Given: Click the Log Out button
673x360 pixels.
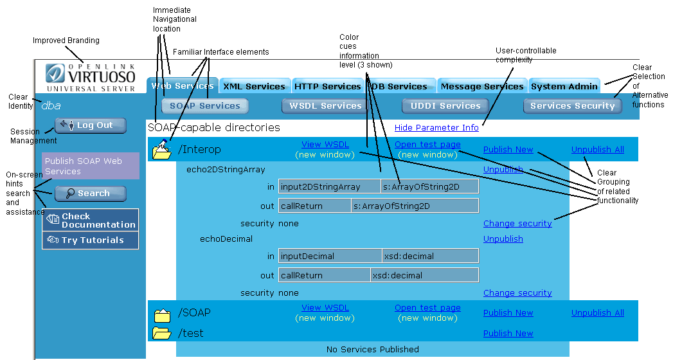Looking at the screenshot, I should pyautogui.click(x=91, y=125).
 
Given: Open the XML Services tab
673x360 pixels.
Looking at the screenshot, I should pyautogui.click(x=254, y=86).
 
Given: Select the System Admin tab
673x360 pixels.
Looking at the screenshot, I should pyautogui.click(x=564, y=86).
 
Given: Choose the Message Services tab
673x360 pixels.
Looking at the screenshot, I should pyautogui.click(x=481, y=86).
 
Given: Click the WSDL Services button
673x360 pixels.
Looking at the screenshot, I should pyautogui.click(x=325, y=106).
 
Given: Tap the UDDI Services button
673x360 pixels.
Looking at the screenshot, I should pyautogui.click(x=445, y=106).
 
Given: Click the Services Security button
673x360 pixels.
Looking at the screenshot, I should pyautogui.click(x=572, y=106).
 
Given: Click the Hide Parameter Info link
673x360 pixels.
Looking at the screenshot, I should pyautogui.click(x=436, y=128).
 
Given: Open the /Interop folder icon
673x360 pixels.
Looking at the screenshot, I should pyautogui.click(x=161, y=150).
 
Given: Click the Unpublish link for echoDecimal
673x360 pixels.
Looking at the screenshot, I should pyautogui.click(x=503, y=239).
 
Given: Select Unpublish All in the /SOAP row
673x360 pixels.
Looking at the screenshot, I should pyautogui.click(x=597, y=313).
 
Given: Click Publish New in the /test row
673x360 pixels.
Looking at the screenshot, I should pyautogui.click(x=508, y=334).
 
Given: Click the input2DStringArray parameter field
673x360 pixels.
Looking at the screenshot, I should pyautogui.click(x=329, y=186).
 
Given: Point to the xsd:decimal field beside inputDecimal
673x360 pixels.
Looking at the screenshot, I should pyautogui.click(x=430, y=256).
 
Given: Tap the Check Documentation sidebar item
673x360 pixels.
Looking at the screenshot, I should pyautogui.click(x=91, y=221).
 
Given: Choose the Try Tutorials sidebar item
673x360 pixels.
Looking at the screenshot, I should pyautogui.click(x=91, y=240).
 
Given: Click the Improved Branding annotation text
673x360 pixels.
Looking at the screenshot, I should pyautogui.click(x=66, y=40).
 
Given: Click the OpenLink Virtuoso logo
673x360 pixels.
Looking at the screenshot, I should pyautogui.click(x=91, y=77).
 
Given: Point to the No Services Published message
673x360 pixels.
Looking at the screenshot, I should pyautogui.click(x=372, y=350).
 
